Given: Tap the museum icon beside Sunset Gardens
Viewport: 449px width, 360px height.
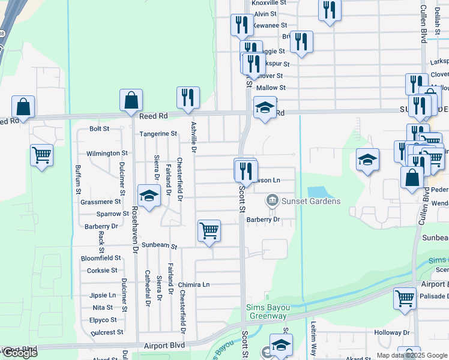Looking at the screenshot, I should click(272, 200).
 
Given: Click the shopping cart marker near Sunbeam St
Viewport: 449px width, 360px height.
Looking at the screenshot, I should click(209, 230).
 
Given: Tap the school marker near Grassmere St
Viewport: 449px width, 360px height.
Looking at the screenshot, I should click(148, 196).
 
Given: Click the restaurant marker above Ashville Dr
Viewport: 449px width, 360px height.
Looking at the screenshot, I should click(188, 97).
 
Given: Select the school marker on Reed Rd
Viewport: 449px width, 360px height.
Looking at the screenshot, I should click(265, 107).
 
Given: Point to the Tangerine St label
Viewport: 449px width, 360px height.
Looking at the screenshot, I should click(158, 134).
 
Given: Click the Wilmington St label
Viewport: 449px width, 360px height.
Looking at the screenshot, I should click(107, 154).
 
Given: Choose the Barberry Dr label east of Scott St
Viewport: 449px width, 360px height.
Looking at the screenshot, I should click(264, 220).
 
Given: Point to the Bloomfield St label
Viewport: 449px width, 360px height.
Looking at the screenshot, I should click(101, 258).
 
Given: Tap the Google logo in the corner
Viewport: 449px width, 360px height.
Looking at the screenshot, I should click(19, 353).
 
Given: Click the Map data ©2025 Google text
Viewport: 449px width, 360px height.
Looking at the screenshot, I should click(411, 355).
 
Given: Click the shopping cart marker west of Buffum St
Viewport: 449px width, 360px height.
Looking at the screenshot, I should click(41, 155).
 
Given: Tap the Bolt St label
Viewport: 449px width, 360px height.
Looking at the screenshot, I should click(99, 128).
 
